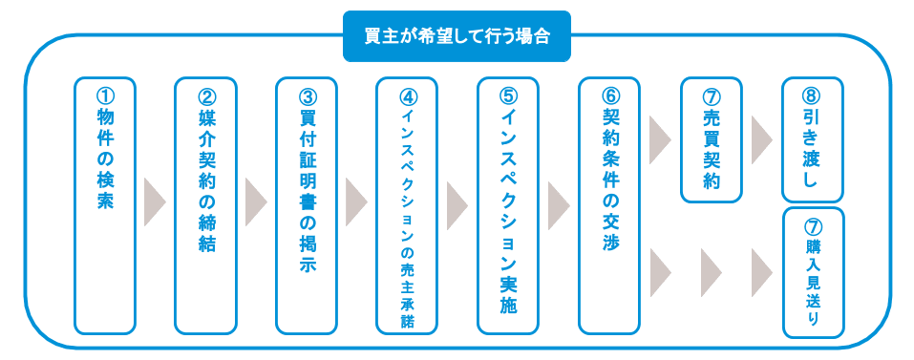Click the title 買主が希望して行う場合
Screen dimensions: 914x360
[457, 36]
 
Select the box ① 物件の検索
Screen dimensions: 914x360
[105, 205]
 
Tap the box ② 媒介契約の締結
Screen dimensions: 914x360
[205, 205]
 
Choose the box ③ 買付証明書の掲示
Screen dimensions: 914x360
[307, 205]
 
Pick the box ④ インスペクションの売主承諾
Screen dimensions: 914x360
[407, 205]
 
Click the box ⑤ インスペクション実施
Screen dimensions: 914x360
[508, 205]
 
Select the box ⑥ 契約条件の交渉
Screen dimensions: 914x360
[609, 205]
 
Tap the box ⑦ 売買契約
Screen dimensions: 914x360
[712, 139]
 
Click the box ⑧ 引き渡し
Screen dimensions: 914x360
[813, 139]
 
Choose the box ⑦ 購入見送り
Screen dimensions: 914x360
[813, 272]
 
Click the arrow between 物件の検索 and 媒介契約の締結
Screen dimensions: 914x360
[155, 201]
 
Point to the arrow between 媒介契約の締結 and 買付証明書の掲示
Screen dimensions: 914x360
[256, 201]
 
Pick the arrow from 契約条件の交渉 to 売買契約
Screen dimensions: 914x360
[661, 139]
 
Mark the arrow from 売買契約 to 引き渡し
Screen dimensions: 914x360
[762, 139]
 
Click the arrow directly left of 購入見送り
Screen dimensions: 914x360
[762, 272]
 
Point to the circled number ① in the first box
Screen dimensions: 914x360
[105, 94]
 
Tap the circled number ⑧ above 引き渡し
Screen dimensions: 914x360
[813, 94]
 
